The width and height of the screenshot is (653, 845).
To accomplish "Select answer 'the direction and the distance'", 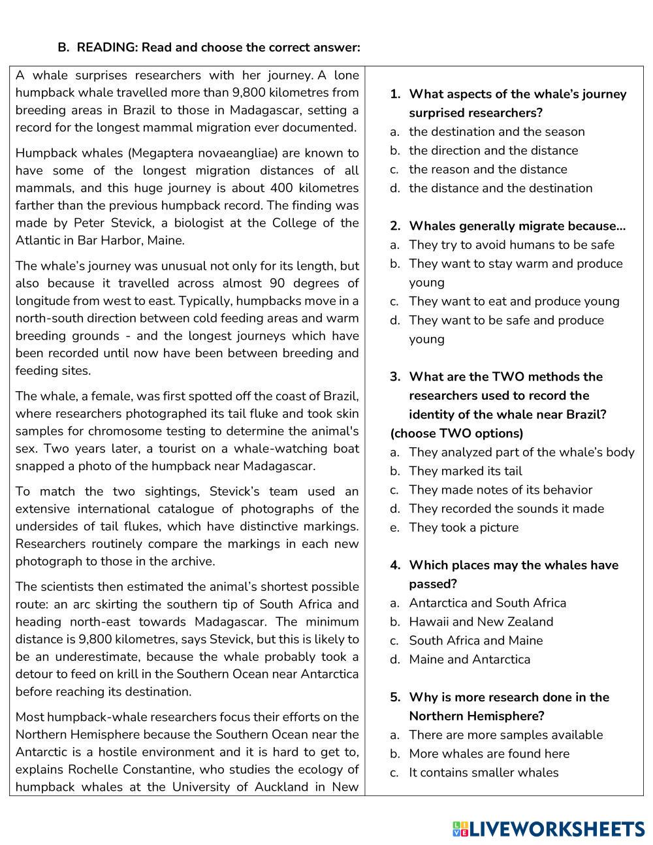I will [x=493, y=150].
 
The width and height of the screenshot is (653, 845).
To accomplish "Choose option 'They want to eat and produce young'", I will [x=514, y=301].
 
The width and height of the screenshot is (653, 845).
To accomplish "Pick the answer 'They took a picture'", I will [x=464, y=527].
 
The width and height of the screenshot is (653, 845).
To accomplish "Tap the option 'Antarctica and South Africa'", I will [x=487, y=603].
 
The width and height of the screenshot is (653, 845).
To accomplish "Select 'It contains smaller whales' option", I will [x=483, y=773].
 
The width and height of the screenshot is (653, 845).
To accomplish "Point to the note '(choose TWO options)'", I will [x=456, y=434].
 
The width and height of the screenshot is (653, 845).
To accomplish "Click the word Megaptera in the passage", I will [x=163, y=153].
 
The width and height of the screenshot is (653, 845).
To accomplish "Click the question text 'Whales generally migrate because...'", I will [x=517, y=226].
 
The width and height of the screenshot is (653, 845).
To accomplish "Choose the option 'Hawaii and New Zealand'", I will [x=481, y=622].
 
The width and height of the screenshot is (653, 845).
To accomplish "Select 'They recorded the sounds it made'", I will [x=506, y=509].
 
